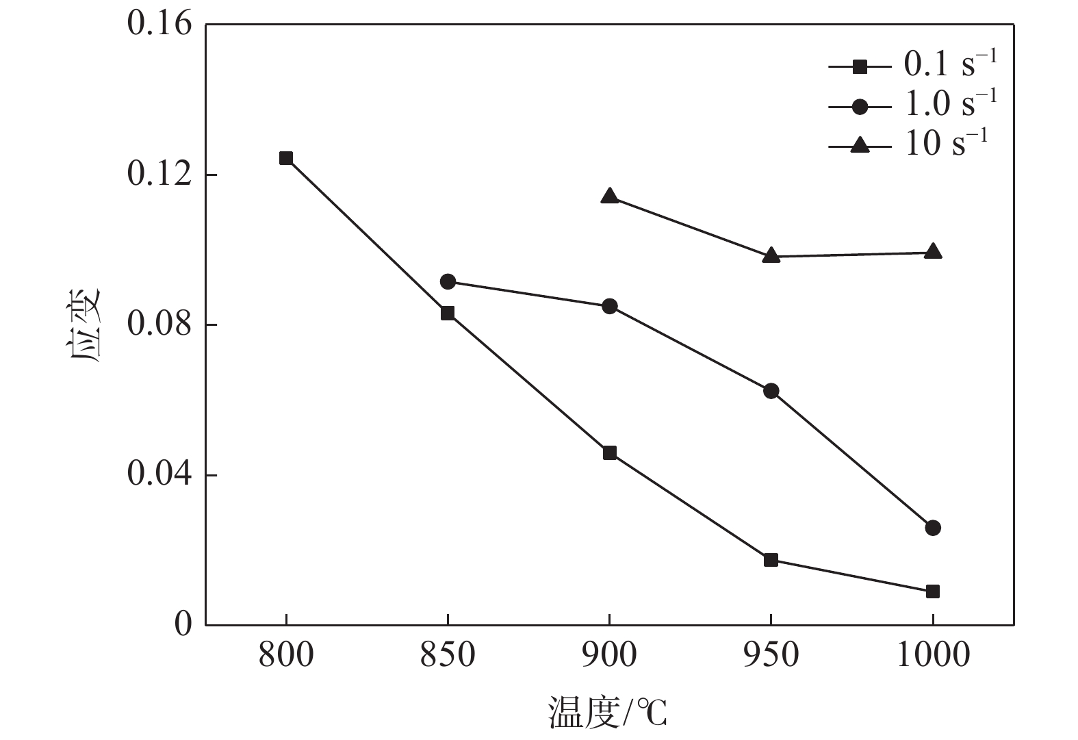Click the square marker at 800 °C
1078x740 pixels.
point(286,158)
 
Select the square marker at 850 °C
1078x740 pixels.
point(448,313)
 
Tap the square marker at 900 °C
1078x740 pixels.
point(610,452)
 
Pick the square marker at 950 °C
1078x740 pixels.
point(771,560)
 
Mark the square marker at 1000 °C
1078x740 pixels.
point(932,591)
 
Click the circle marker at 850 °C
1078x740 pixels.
point(448,281)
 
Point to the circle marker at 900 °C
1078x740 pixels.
point(610,306)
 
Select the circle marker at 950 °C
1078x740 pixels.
point(771,391)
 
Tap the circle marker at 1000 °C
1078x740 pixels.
point(932,528)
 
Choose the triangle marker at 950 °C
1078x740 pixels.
point(771,256)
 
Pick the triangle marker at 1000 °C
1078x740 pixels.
point(932,252)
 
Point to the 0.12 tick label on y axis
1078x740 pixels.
point(158,175)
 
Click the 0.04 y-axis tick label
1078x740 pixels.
point(158,475)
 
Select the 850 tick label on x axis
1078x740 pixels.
point(448,656)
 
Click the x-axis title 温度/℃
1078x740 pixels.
point(608,713)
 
